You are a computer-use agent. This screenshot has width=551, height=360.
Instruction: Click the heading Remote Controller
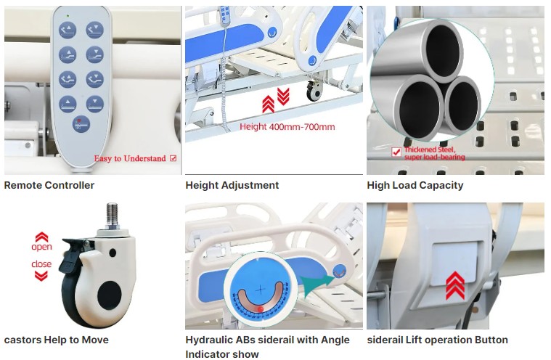coord(49,185)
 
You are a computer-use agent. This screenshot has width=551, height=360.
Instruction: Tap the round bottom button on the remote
coord(81,124)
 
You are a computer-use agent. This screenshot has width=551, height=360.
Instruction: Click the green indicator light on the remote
coord(68,15)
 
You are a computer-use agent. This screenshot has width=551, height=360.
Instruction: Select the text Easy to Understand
coord(130,158)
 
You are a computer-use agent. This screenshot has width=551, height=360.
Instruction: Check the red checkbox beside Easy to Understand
coord(173,158)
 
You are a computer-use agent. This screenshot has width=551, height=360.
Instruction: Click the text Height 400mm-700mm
coord(287,127)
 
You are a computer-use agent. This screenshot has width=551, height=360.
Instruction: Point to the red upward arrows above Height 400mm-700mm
coord(268,105)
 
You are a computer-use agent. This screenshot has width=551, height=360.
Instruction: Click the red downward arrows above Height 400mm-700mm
coord(283,97)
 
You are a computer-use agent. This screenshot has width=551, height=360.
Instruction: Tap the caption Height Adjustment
coord(232,185)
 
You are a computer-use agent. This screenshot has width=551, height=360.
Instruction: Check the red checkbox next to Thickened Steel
coord(396,152)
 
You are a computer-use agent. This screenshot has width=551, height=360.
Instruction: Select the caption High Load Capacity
coord(415,185)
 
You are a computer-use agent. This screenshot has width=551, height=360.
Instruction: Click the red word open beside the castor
coord(41,247)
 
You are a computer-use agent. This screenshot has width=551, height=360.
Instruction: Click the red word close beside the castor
coord(41,263)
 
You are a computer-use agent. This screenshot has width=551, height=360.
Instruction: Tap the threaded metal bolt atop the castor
coord(112,215)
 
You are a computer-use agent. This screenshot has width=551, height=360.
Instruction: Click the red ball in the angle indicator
coord(261,308)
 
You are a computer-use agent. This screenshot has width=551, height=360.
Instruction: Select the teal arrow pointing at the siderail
coord(318,283)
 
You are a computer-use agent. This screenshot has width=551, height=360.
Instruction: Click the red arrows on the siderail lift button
coord(455,285)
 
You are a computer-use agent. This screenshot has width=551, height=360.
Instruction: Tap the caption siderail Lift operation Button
coord(437,340)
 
